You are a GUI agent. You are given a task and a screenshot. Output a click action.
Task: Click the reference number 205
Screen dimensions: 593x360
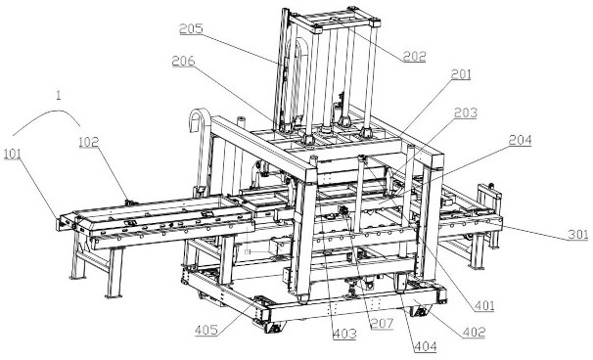click(x=191, y=29)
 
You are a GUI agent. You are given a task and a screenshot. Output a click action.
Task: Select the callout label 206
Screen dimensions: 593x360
click(x=183, y=62)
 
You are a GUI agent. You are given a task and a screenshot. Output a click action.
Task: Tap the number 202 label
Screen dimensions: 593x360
click(x=415, y=57)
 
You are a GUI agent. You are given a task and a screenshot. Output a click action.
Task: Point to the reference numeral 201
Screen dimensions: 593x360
click(x=461, y=74)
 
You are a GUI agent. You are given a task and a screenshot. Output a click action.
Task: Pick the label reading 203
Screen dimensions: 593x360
click(x=466, y=112)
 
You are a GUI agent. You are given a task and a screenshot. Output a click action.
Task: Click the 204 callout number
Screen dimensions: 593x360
click(x=520, y=140)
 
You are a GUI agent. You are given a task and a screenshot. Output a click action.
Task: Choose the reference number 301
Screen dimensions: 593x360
click(x=578, y=235)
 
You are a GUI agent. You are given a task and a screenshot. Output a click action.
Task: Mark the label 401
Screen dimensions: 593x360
click(x=484, y=305)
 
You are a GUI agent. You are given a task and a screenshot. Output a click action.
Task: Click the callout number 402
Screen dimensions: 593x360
click(x=474, y=332)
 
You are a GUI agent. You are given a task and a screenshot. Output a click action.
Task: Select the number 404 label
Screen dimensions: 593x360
click(x=426, y=346)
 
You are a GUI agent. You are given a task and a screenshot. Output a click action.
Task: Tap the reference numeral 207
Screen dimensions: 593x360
click(x=382, y=324)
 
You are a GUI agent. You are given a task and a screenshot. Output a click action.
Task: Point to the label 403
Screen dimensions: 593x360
click(x=344, y=334)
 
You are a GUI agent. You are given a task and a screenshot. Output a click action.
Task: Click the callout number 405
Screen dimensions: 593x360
click(x=206, y=330)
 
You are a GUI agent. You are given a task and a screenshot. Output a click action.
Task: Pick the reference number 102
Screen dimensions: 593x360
click(x=89, y=142)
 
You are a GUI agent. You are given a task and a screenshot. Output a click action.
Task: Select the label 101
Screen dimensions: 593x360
click(x=13, y=155)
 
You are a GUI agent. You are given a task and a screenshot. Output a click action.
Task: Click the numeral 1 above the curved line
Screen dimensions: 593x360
click(x=58, y=95)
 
